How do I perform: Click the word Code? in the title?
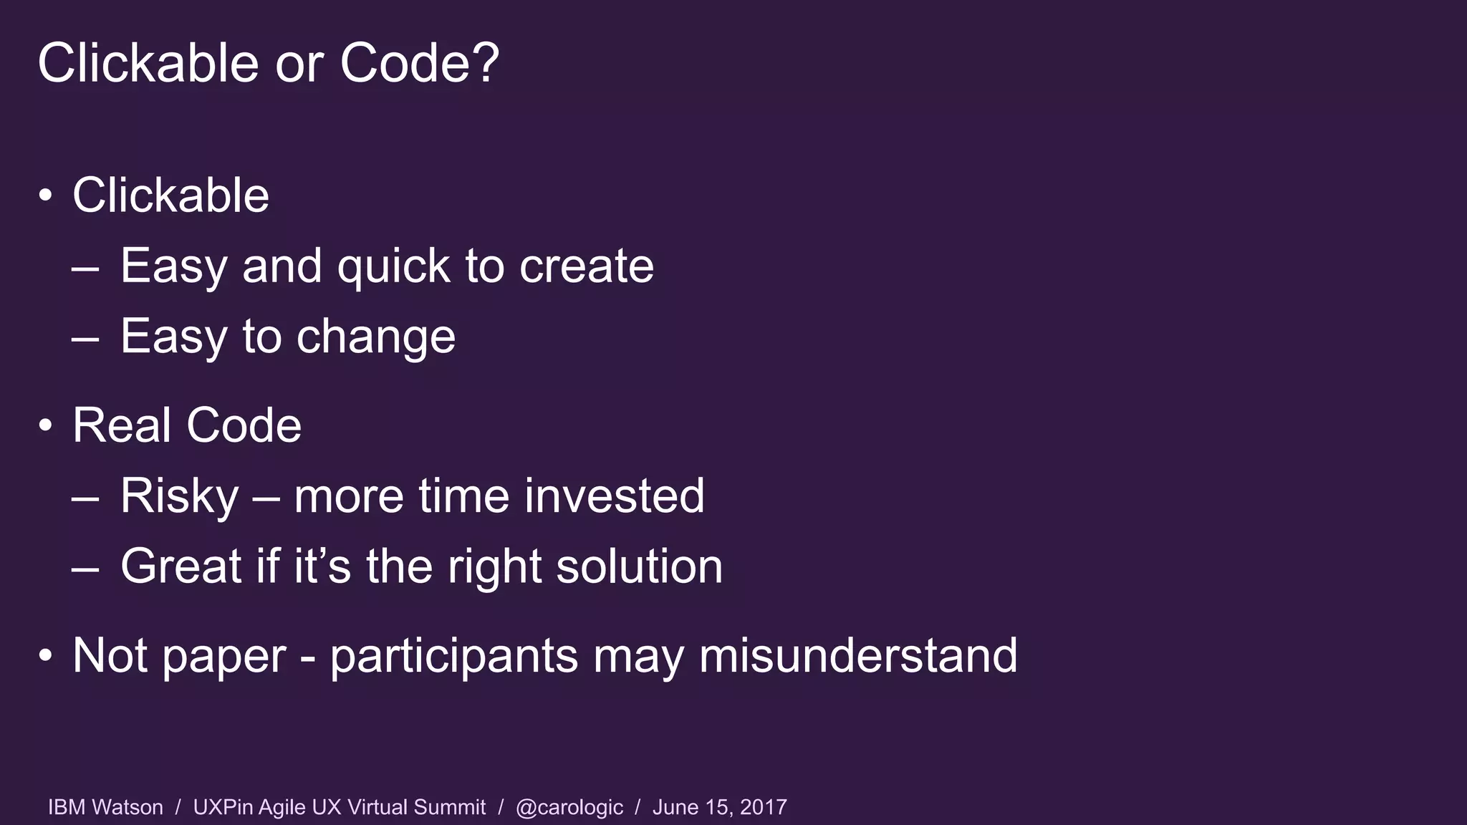(419, 63)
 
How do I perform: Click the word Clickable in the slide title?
(148, 63)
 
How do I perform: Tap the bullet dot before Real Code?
(46, 425)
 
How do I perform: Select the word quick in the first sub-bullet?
(393, 266)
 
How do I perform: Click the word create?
(586, 266)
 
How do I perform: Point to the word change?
(375, 337)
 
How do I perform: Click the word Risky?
(179, 496)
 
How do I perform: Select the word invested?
(614, 496)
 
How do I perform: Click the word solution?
(639, 566)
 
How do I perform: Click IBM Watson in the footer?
(105, 807)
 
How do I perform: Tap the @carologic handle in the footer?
(569, 807)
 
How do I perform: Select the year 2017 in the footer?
(763, 807)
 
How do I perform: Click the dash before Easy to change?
(85, 337)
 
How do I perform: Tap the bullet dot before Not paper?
(46, 655)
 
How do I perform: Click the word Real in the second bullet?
(122, 425)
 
